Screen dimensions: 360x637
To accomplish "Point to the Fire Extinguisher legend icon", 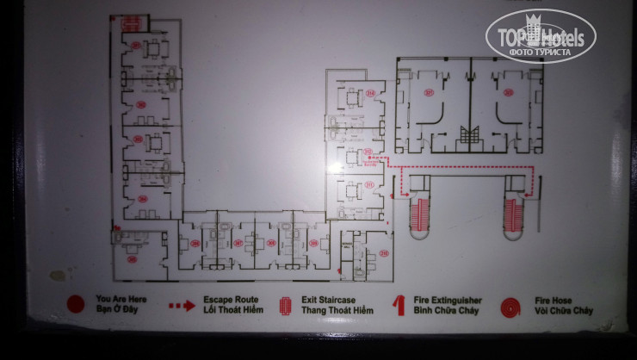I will pyautogui.click(x=398, y=304).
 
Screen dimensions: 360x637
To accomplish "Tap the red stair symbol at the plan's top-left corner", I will pyautogui.click(x=130, y=22).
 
